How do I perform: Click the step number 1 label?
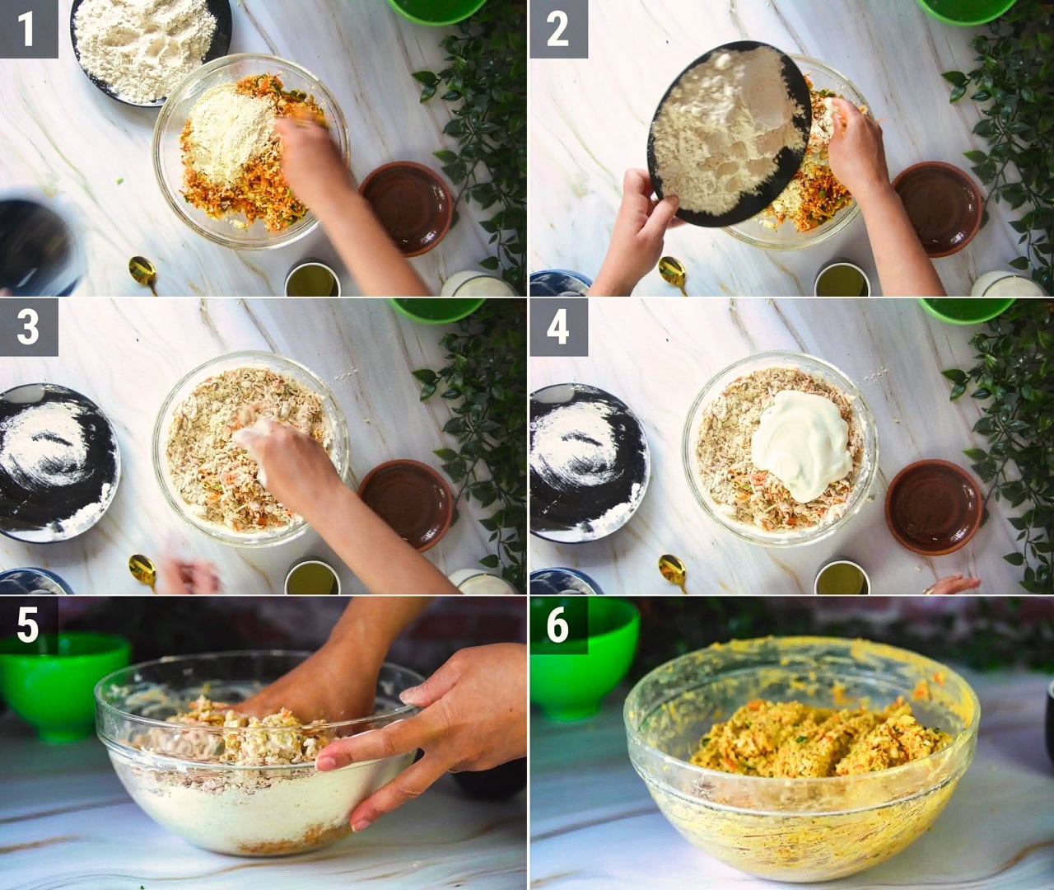click(x=28, y=29)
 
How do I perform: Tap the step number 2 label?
click(x=557, y=29)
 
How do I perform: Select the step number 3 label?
click(x=28, y=327)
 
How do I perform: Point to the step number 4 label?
click(x=557, y=327)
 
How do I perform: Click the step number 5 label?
click(x=28, y=625)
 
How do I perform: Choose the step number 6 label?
click(x=557, y=625)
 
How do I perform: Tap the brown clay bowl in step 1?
click(x=406, y=208)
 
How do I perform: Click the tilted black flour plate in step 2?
click(x=729, y=133)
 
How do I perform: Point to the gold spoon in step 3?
click(x=142, y=572)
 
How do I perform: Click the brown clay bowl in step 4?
click(x=934, y=507)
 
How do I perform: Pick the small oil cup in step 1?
click(x=312, y=279)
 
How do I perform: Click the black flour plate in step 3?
click(x=55, y=463)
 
